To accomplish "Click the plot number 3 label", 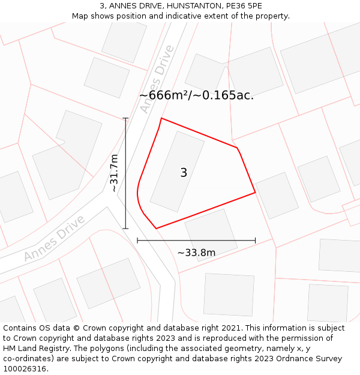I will point(184,173).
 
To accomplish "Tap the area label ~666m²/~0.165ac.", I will point(196,95).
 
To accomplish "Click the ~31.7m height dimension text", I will point(114,173).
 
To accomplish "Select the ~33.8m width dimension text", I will point(196,253).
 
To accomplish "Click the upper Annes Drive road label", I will point(156,79).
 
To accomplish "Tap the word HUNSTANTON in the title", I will point(192,5).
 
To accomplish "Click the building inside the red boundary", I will point(177,171).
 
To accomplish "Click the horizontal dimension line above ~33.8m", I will point(196,240).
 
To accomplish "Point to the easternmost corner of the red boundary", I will point(256,193).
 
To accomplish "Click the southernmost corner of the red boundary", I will point(156,229).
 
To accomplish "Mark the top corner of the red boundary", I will point(161,118).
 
